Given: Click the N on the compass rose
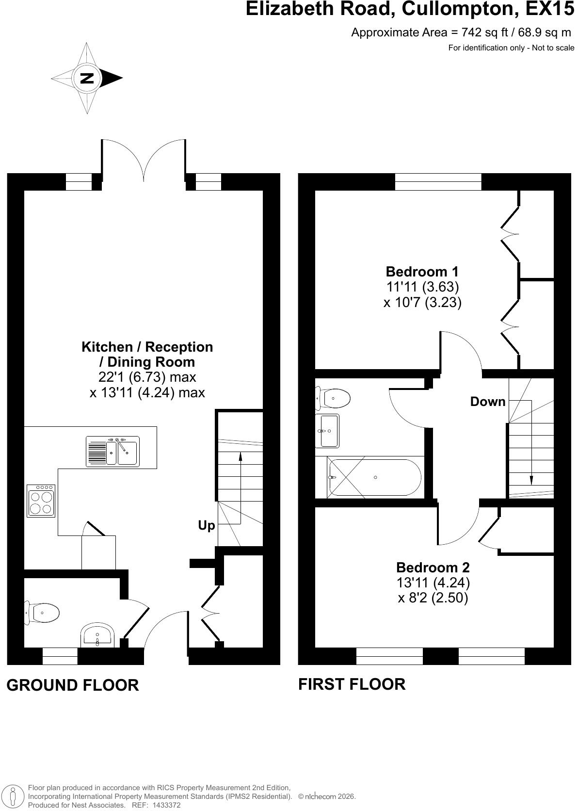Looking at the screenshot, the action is (x=87, y=78).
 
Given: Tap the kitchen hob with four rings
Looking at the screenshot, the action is (x=41, y=501).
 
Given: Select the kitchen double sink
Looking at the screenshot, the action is (x=112, y=452).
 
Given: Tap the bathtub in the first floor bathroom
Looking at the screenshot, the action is (x=374, y=477).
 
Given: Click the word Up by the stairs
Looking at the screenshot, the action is (x=206, y=526).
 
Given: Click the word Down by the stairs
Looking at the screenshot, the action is (x=487, y=401).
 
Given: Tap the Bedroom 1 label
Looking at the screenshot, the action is (x=422, y=271).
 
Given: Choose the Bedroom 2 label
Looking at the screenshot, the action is (x=433, y=567).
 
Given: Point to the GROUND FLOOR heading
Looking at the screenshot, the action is (x=73, y=685).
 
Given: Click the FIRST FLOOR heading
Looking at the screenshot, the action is (x=352, y=684).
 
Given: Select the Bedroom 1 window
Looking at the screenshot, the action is (x=438, y=182).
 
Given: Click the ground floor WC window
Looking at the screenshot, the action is (x=60, y=656).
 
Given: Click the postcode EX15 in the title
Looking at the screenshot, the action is (x=549, y=9).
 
